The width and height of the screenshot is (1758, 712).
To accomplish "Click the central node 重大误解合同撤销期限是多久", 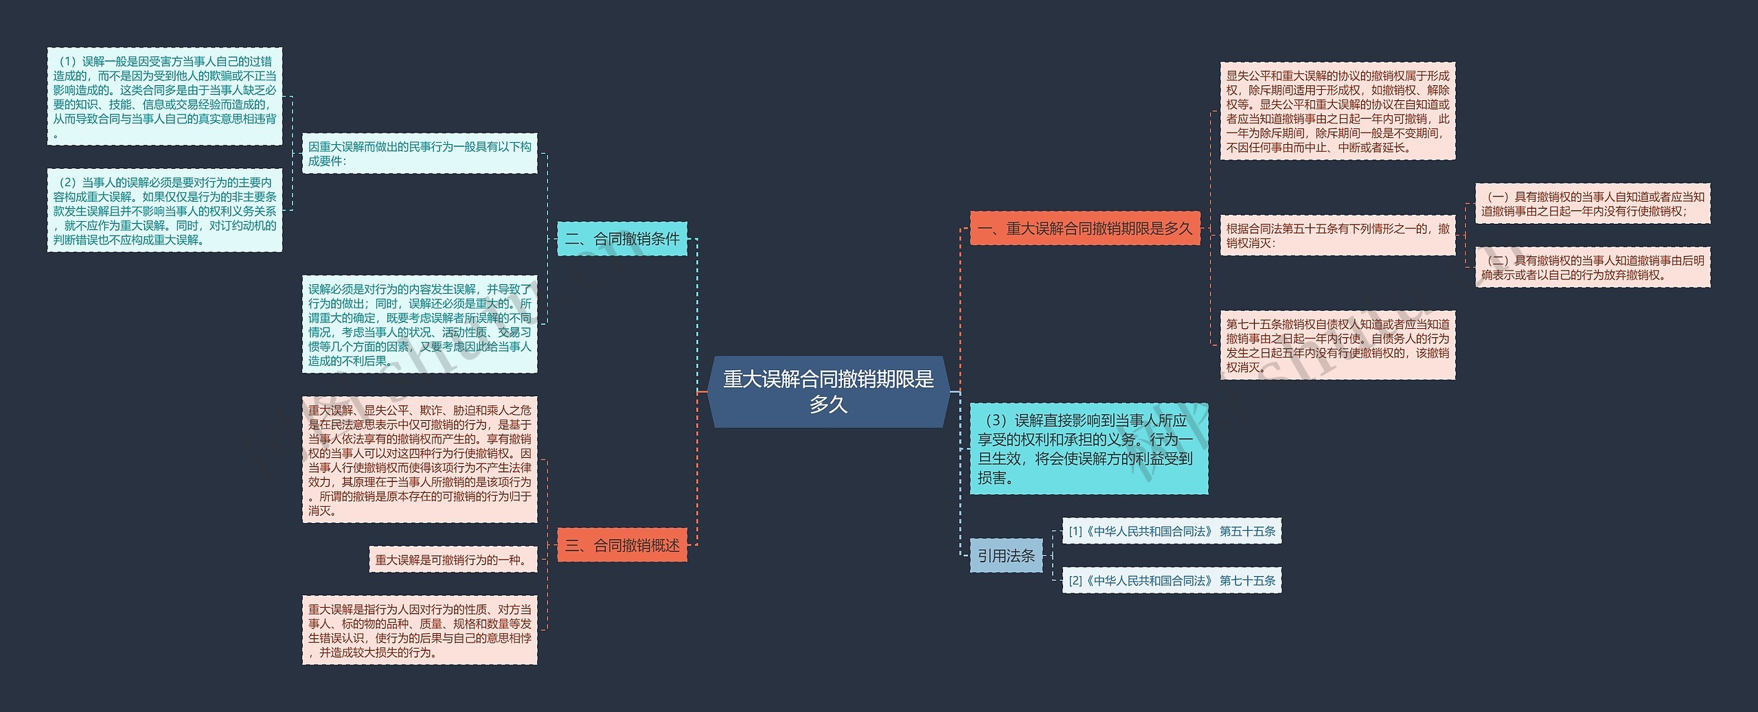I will (828, 391).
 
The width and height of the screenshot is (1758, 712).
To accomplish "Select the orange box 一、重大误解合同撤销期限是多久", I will (1085, 228).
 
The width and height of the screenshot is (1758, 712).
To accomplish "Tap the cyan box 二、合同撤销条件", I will (621, 239).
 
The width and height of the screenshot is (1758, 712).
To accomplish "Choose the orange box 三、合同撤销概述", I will (621, 545).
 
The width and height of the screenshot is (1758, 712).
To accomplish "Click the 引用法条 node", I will (1006, 555).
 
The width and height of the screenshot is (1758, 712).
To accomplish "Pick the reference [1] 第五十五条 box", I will (1172, 531).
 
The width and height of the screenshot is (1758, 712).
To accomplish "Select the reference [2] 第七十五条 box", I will (1172, 580).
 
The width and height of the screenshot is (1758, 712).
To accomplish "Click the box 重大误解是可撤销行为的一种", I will (453, 560).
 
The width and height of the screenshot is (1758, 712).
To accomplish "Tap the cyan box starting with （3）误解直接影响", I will (1088, 448).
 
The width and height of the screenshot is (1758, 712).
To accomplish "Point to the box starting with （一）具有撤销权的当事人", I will (1593, 204).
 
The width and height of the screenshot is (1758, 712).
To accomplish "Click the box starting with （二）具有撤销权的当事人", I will (1593, 267).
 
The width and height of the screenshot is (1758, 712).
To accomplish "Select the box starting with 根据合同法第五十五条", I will (1337, 236).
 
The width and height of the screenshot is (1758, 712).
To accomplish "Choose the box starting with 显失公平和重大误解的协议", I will (1337, 111).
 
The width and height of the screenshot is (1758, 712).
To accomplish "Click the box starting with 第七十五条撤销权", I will (1337, 345).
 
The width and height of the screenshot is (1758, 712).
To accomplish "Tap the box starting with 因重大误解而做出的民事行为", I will (420, 153).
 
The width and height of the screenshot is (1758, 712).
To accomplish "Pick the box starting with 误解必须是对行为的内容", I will (420, 324).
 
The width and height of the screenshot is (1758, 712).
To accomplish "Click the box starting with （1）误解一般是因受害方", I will (165, 96).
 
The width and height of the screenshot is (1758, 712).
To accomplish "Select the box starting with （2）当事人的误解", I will (165, 210).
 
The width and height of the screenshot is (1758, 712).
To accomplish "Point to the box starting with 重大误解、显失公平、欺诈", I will (420, 459).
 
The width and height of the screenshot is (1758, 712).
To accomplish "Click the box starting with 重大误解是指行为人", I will (420, 630).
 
